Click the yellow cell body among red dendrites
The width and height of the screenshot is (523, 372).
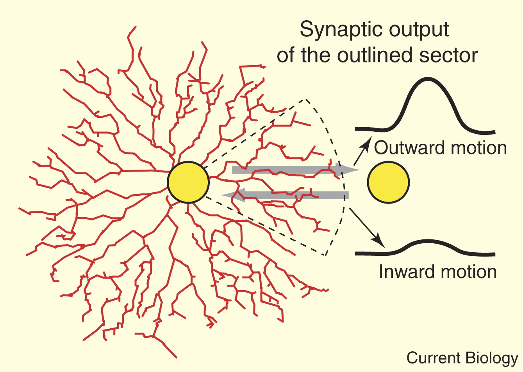[x=188, y=182]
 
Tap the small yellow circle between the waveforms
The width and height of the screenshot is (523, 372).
[x=388, y=182]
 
